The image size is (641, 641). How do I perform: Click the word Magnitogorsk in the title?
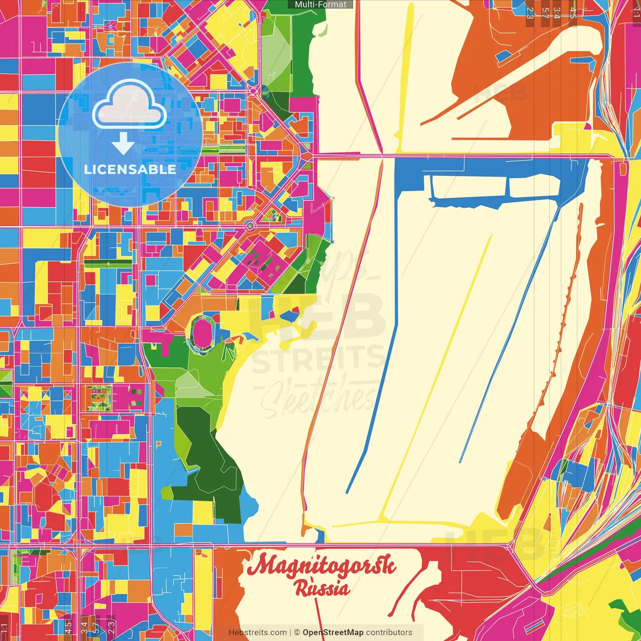321,566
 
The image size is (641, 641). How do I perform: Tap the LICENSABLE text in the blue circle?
130,169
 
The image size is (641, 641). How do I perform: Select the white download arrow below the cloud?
123,143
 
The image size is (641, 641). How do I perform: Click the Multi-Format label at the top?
320,5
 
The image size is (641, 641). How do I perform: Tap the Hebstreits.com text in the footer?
257,632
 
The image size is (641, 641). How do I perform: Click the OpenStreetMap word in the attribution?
333,632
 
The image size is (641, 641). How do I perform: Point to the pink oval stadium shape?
202,333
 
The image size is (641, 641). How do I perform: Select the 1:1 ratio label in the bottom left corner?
5,628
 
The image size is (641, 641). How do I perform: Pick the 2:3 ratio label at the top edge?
530,13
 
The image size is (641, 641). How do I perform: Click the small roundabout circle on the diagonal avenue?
250,226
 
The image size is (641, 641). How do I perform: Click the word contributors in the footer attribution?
389,632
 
